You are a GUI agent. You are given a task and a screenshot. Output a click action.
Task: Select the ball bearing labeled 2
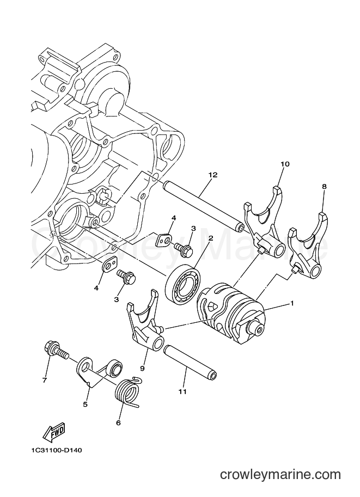click(x=182, y=285)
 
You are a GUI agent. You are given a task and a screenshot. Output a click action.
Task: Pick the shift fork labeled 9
click(x=145, y=320)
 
